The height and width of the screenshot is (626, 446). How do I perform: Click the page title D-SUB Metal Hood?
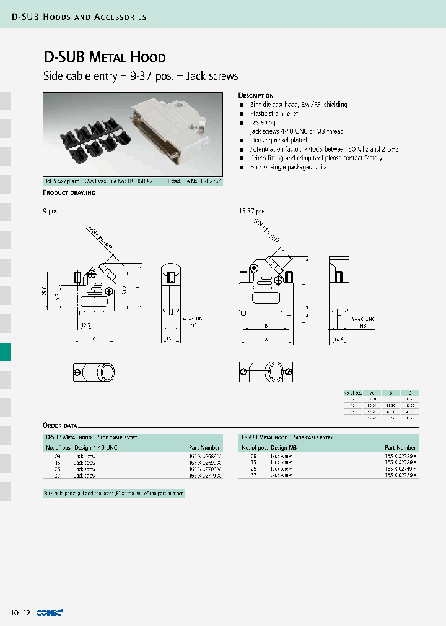click(104, 58)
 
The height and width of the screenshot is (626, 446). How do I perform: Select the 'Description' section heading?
click(256, 96)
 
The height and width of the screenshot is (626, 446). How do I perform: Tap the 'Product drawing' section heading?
click(69, 193)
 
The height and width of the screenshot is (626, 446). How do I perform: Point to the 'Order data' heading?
click(60, 426)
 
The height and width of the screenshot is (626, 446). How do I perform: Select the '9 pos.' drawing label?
click(50, 212)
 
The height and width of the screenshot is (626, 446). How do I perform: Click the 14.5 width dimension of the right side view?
click(338, 340)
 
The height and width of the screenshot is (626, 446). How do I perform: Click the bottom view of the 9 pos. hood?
click(90, 372)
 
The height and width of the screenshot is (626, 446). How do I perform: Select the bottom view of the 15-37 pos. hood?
click(265, 372)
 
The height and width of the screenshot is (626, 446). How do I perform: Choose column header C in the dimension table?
click(409, 393)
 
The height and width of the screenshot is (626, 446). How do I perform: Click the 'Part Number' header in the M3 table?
click(400, 447)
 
